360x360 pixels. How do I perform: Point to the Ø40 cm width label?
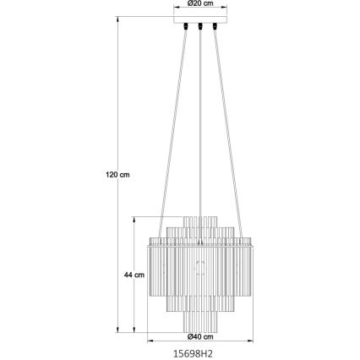tap(199, 337)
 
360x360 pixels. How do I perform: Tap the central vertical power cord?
tap(199, 127)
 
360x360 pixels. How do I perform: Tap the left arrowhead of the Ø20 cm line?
tap(176, 10)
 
